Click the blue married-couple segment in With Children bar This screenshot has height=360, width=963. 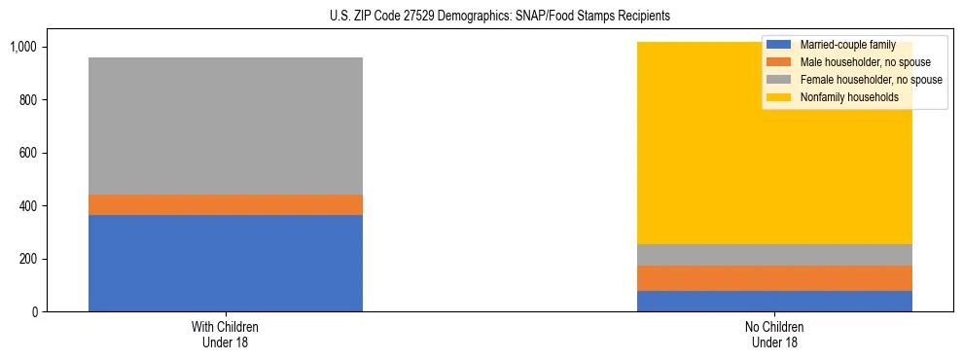[226, 263]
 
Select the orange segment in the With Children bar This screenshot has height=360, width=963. [226, 204]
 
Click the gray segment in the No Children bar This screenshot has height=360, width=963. [774, 255]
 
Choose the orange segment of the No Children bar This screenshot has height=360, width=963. [774, 278]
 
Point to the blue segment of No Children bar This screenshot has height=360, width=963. [774, 301]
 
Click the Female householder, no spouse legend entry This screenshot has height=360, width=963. [869, 80]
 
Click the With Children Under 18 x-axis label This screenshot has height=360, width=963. [226, 334]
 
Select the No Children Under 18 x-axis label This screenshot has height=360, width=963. [774, 334]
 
